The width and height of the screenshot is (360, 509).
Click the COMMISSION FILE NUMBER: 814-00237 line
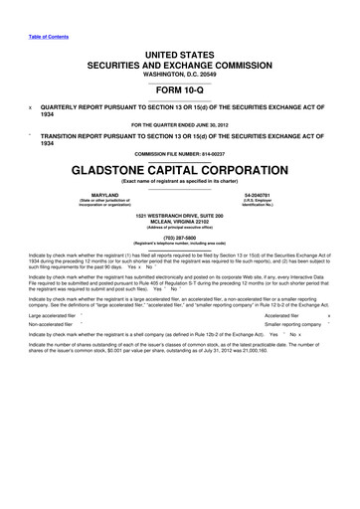(x=180, y=154)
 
